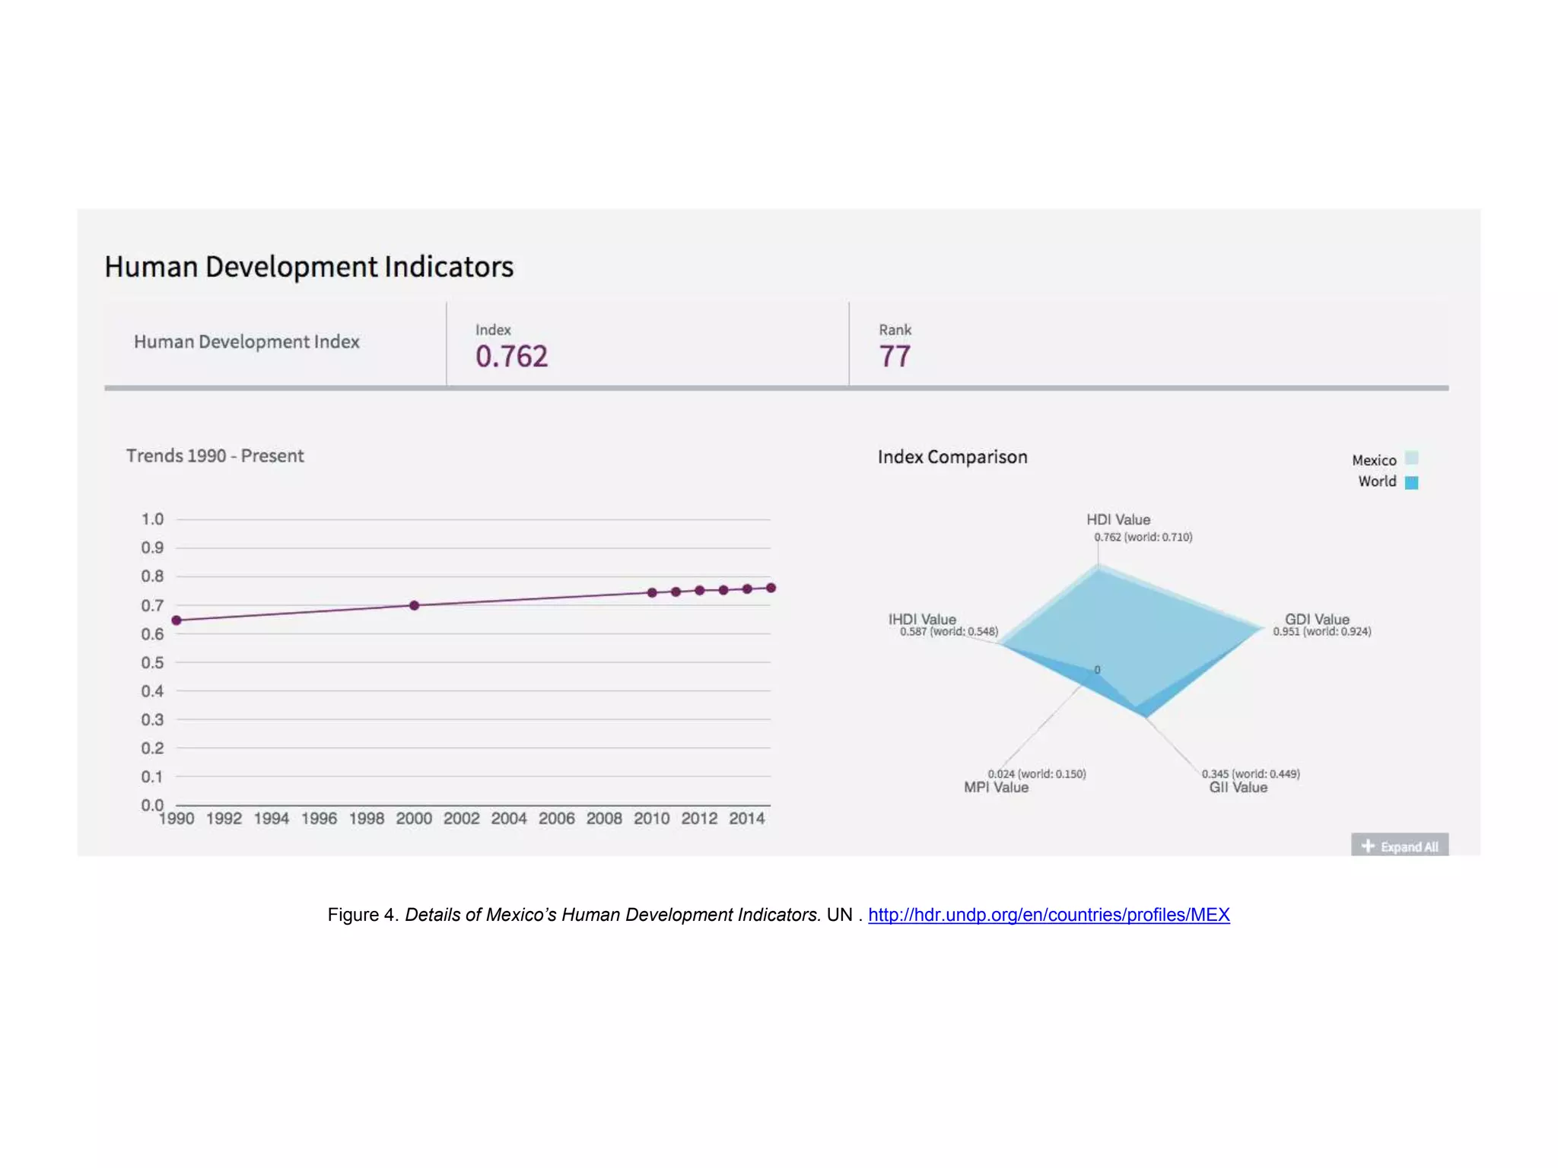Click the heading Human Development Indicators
coord(309,267)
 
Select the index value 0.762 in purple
coord(511,357)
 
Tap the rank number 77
coord(895,357)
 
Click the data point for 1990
coord(176,620)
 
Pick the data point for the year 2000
coord(414,605)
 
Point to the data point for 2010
coord(652,592)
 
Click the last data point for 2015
coord(771,588)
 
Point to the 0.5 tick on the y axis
coord(152,662)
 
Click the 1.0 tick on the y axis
coord(152,519)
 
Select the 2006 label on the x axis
coord(557,818)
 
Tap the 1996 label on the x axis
coord(319,818)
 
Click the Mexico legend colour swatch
coord(1412,459)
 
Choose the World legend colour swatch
coord(1412,482)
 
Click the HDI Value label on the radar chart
coord(1118,519)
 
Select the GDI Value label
coord(1317,619)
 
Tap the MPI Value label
coord(996,788)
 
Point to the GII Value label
coord(1238,788)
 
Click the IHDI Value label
coord(922,619)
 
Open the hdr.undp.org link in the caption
coord(1048,915)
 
